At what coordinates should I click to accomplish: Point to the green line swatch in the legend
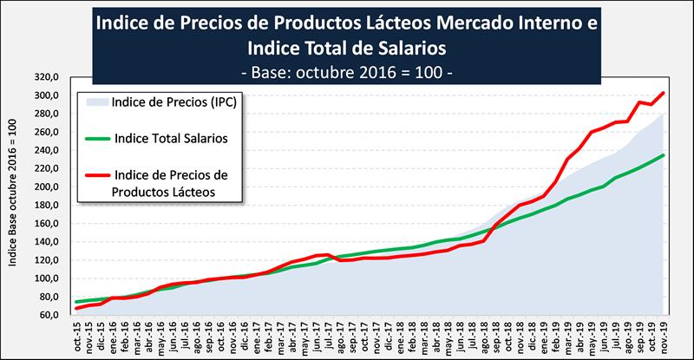[105, 136]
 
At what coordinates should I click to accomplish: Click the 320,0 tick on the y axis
[47, 77]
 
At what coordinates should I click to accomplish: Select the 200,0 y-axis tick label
[47, 187]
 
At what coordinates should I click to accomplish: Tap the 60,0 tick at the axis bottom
[47, 316]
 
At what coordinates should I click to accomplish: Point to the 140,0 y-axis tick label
[47, 242]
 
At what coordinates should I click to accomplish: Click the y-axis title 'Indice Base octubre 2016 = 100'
[11, 196]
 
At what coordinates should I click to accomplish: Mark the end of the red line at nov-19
[664, 93]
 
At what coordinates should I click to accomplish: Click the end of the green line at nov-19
[664, 155]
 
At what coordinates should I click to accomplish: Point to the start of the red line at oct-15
[76, 308]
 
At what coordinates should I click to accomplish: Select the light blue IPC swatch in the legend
[105, 101]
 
